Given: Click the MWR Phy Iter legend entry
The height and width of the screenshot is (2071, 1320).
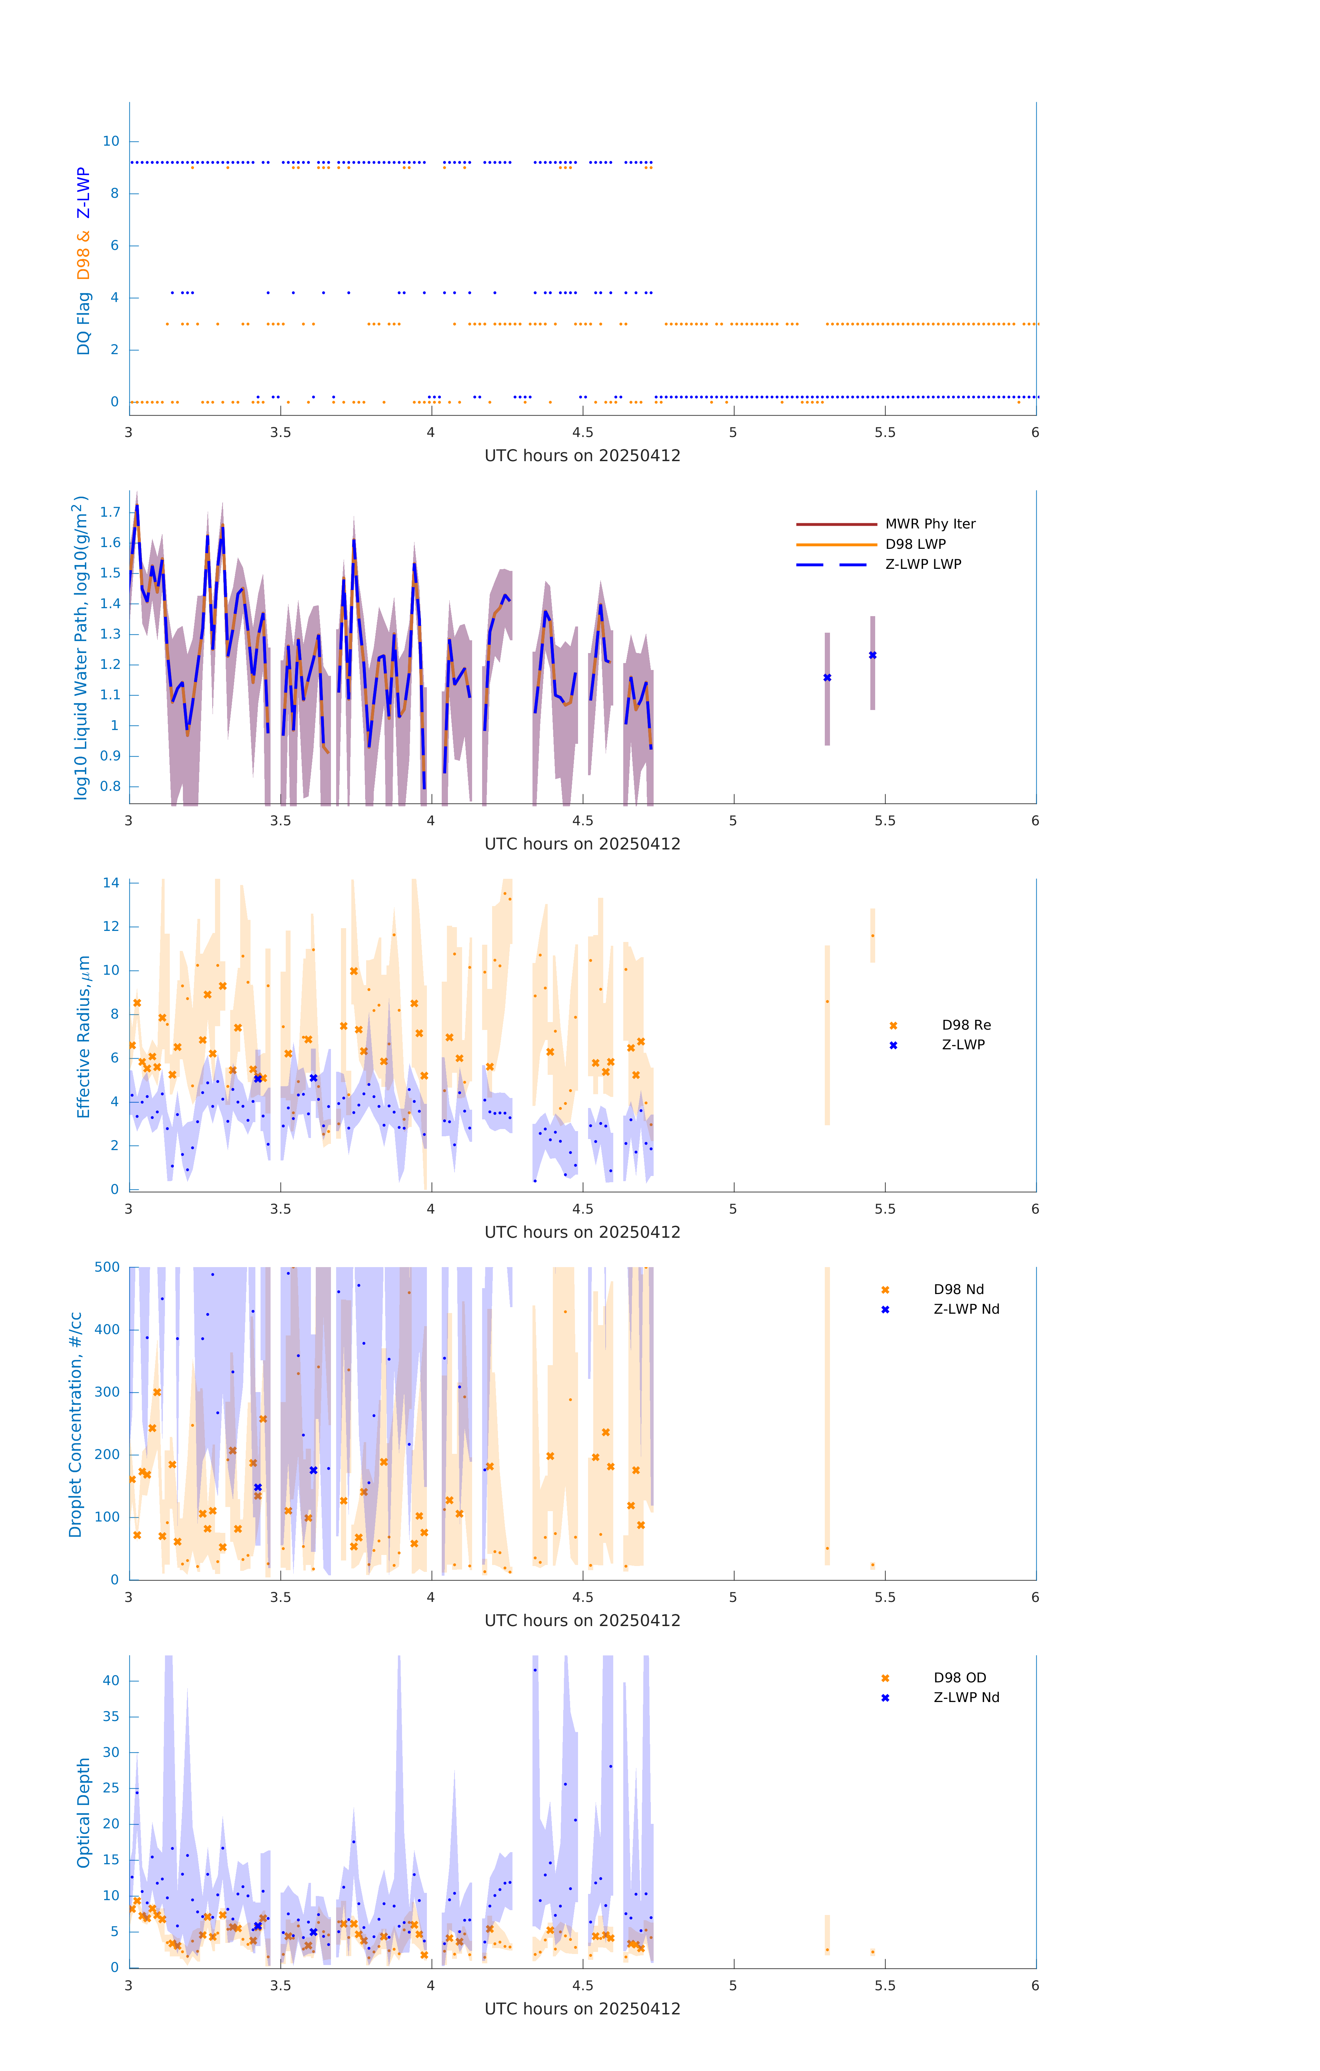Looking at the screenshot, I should [x=930, y=524].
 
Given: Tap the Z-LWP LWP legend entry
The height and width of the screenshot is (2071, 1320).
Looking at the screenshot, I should [x=923, y=564].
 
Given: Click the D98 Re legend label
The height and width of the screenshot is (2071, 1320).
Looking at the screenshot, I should [x=966, y=1025].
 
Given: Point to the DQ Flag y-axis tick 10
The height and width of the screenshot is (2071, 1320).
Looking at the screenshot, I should [x=111, y=141].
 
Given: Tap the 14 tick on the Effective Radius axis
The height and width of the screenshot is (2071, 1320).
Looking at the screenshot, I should [x=111, y=882].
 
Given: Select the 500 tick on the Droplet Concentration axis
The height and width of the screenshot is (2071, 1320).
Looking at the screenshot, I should [x=107, y=1267].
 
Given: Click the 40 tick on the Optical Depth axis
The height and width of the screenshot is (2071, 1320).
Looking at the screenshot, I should [x=111, y=1681].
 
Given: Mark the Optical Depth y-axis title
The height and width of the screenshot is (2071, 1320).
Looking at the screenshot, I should [x=84, y=1812].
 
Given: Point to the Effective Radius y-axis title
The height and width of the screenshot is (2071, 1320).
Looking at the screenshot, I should [x=84, y=1036].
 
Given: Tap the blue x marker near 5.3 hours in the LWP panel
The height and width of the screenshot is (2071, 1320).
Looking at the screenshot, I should [x=827, y=678].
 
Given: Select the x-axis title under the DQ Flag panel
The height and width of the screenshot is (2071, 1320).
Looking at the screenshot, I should [x=582, y=456].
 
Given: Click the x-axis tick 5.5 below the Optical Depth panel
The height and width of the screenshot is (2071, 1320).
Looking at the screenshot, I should [x=885, y=1985].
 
